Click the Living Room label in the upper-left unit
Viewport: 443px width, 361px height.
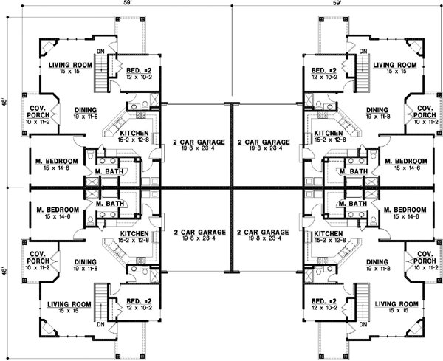click(69, 65)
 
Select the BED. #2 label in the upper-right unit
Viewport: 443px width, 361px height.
click(324, 69)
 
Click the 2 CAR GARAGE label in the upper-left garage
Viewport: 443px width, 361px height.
click(193, 140)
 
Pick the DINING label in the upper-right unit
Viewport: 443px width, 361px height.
click(377, 109)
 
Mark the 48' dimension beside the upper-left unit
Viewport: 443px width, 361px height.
click(5, 101)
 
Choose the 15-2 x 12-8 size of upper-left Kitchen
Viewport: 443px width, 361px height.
click(135, 140)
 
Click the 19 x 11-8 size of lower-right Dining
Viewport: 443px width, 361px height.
click(377, 269)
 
